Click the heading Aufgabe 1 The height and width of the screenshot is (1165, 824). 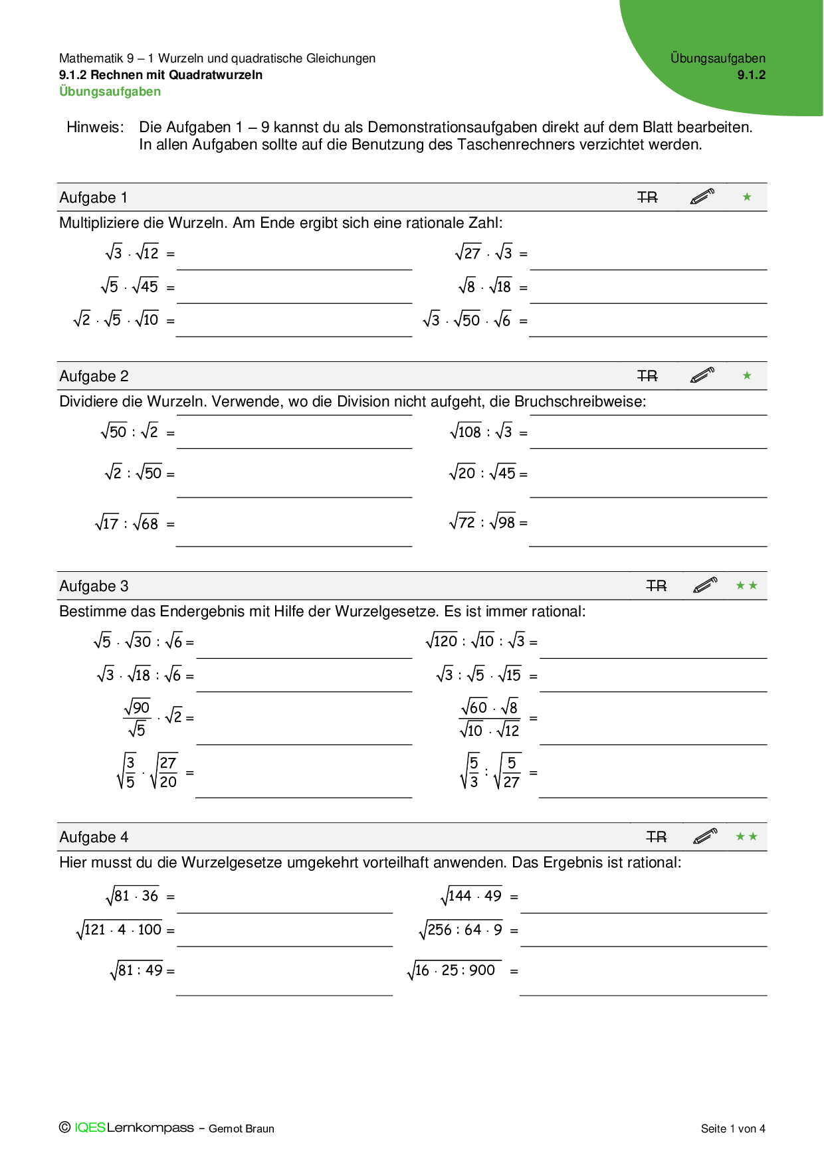click(x=93, y=198)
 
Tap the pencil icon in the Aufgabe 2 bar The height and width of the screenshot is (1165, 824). click(x=702, y=376)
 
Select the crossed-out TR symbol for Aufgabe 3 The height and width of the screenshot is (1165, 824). click(x=656, y=586)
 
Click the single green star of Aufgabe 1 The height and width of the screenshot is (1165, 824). click(x=747, y=197)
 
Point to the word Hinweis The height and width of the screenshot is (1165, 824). click(x=95, y=128)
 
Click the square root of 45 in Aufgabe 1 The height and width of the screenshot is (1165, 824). click(x=146, y=286)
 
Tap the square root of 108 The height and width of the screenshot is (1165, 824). click(x=465, y=432)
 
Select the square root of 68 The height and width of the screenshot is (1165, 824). click(x=146, y=523)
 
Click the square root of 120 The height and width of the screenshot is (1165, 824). click(x=442, y=641)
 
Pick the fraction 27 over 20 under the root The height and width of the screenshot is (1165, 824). click(x=165, y=772)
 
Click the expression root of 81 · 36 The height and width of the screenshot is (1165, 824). click(x=132, y=896)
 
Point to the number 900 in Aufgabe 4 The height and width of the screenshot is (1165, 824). click(x=482, y=970)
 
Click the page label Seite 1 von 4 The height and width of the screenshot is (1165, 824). click(x=733, y=1128)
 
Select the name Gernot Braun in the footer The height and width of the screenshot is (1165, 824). click(x=241, y=1128)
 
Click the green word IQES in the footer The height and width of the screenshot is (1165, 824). click(x=90, y=1128)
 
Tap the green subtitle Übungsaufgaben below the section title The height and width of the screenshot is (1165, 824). click(x=110, y=92)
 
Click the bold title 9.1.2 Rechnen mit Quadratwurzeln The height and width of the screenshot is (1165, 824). click(x=160, y=75)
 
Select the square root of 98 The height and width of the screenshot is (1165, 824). click(x=503, y=523)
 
